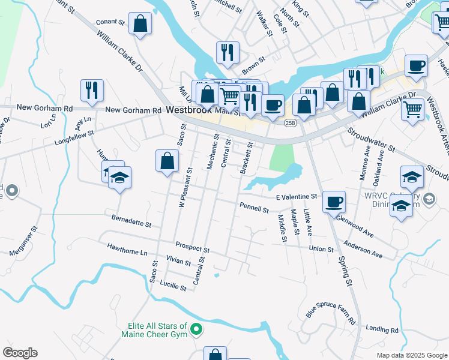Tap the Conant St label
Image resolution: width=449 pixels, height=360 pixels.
click(109, 22)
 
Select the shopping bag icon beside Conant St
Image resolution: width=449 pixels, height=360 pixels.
click(140, 25)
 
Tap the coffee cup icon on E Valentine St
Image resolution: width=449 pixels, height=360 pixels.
click(334, 202)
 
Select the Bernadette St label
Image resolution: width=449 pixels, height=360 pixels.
click(131, 220)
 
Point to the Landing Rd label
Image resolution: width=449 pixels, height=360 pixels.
click(382, 330)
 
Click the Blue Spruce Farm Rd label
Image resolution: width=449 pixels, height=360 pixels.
click(331, 311)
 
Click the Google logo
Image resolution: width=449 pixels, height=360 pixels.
click(20, 353)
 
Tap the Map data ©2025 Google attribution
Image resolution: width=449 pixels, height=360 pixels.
click(411, 355)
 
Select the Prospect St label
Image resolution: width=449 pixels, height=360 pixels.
click(192, 247)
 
